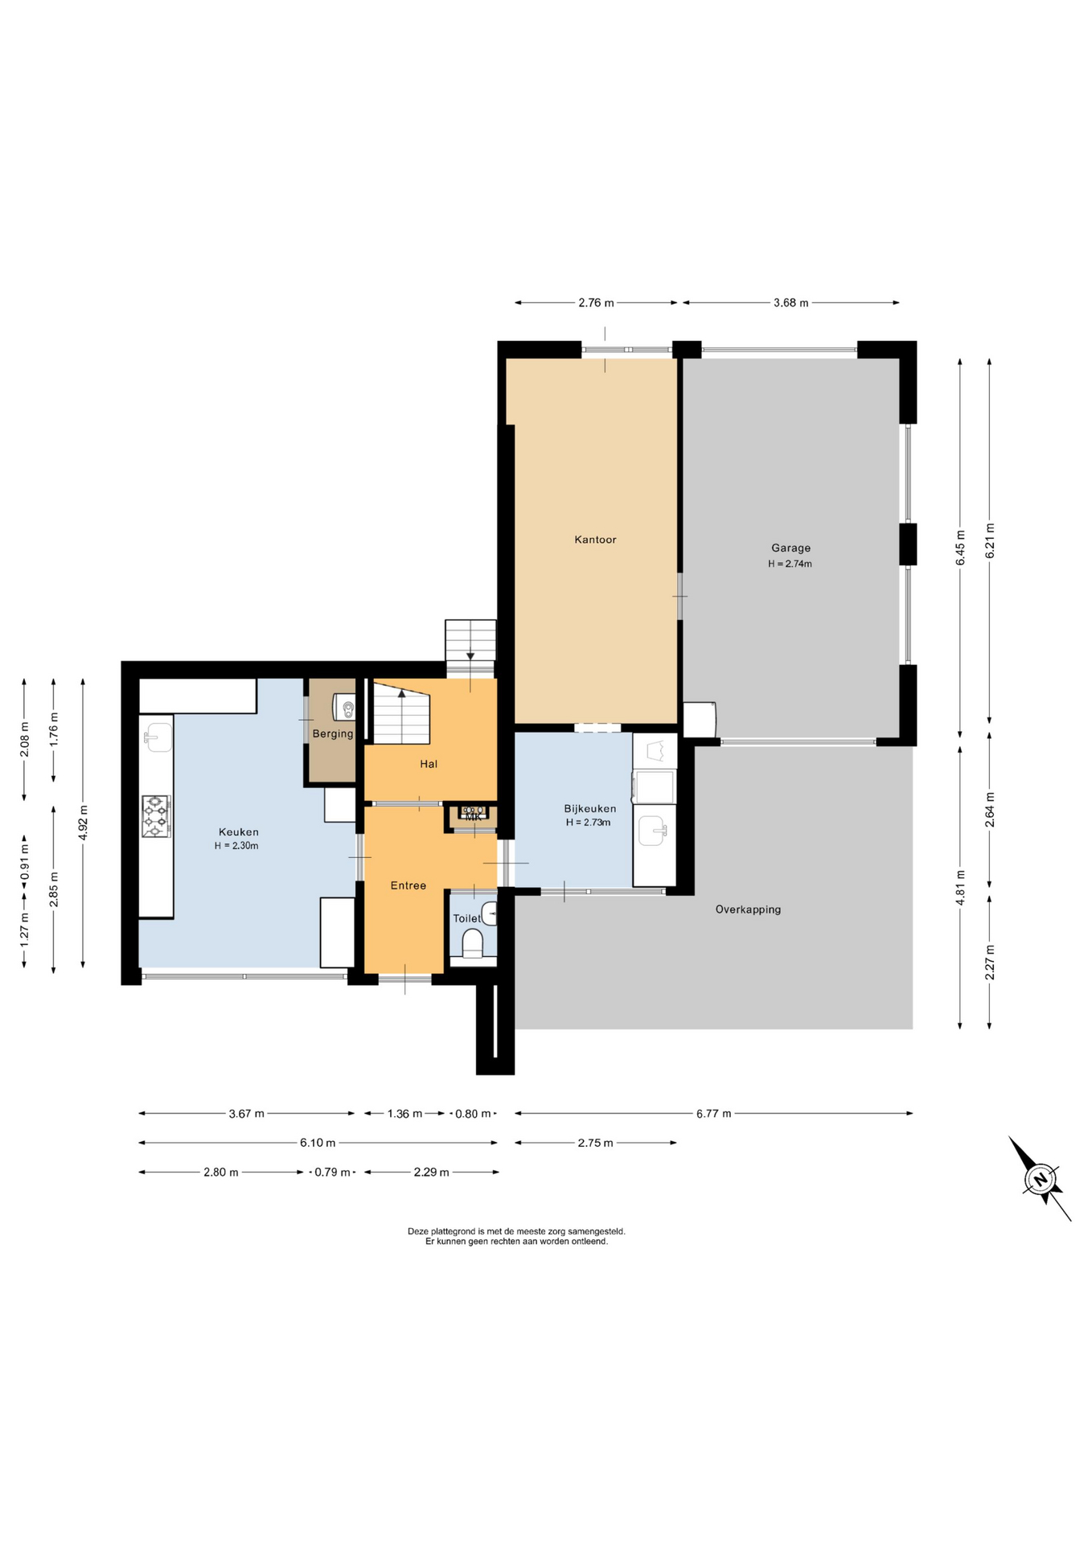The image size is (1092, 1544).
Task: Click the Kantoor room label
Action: (x=595, y=540)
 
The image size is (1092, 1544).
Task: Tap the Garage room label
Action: (x=790, y=548)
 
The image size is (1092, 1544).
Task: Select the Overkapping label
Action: (x=748, y=910)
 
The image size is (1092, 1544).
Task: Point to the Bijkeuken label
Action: (x=589, y=809)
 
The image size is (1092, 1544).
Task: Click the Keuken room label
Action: (x=239, y=832)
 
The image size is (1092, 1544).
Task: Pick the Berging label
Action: (x=333, y=733)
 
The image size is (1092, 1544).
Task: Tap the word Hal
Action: (x=429, y=764)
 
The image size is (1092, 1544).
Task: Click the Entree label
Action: (x=408, y=885)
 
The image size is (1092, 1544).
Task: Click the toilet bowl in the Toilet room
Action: (x=473, y=943)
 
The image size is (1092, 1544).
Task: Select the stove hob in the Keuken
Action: (x=157, y=816)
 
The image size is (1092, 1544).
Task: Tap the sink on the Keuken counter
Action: (x=158, y=737)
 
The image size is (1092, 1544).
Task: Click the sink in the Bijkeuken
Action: (x=652, y=830)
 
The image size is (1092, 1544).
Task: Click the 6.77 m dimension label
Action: (x=714, y=1114)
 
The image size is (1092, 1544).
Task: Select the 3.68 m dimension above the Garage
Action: (x=791, y=303)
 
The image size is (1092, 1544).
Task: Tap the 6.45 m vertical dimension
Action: (x=960, y=547)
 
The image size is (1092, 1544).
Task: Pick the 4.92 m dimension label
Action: (x=83, y=822)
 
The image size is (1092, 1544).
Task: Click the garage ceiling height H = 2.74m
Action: (x=790, y=564)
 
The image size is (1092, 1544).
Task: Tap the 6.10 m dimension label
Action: (x=318, y=1143)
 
